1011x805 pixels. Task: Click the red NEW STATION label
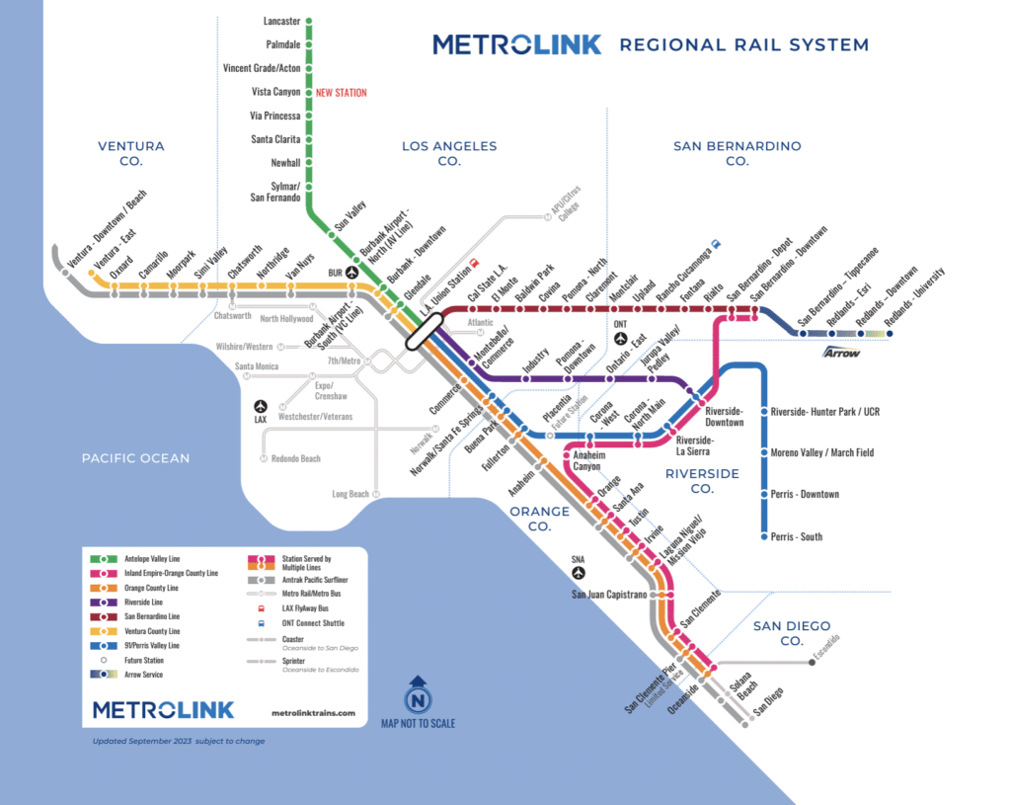tap(341, 93)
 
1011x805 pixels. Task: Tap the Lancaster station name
tap(281, 20)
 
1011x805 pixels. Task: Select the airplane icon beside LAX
tap(261, 406)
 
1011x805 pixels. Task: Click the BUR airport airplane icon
tap(351, 272)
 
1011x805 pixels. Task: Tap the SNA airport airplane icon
tap(579, 572)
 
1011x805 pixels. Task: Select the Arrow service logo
tap(841, 351)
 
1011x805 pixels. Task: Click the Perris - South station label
tap(797, 537)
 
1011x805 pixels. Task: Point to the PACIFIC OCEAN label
tap(135, 458)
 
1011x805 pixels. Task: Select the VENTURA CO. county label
tap(131, 153)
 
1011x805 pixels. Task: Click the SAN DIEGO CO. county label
tap(792, 633)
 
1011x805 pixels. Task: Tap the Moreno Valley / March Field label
tap(822, 452)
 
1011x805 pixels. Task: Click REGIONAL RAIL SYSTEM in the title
tap(743, 44)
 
